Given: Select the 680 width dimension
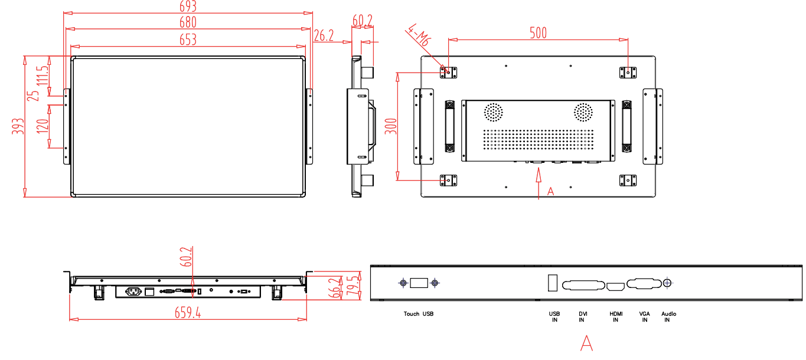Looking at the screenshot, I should tap(187, 22).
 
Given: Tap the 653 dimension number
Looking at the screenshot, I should tap(187, 40).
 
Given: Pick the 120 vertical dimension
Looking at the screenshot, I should tap(43, 126).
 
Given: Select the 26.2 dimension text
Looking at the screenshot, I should tap(324, 36).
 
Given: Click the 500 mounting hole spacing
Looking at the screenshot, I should tap(537, 33).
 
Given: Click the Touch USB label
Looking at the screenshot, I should tap(419, 314).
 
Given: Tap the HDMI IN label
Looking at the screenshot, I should tap(616, 317).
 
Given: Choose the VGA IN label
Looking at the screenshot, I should tap(645, 317).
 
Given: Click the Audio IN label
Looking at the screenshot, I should tap(668, 317).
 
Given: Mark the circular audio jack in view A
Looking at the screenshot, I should tap(668, 283).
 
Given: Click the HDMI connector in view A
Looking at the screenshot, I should tap(616, 286).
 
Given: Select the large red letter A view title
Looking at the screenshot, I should tap(586, 343).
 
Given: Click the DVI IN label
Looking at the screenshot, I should tap(582, 317).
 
